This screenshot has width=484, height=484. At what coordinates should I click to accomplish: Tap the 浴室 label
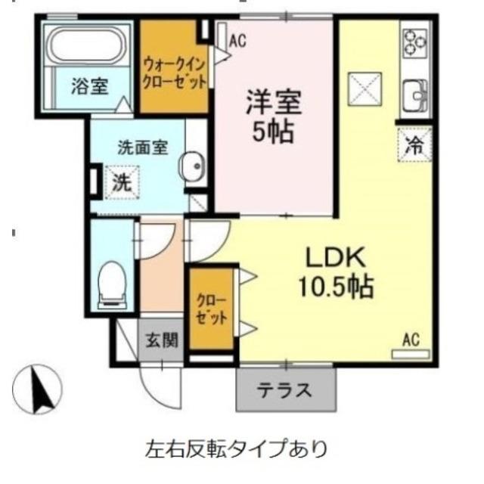click(x=89, y=86)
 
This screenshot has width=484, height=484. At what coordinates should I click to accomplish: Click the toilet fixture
click(x=113, y=284)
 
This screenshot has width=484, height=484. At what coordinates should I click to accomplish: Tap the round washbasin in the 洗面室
click(x=192, y=167)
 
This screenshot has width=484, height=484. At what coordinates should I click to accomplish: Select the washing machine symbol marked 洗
click(x=117, y=181)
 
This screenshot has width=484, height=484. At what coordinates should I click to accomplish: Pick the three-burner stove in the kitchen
click(x=414, y=43)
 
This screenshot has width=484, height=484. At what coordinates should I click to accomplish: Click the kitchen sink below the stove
click(x=415, y=95)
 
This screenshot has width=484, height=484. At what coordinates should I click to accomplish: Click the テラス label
click(x=285, y=390)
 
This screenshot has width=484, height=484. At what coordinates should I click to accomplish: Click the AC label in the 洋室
click(x=237, y=41)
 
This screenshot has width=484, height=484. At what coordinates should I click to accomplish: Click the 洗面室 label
click(x=141, y=148)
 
